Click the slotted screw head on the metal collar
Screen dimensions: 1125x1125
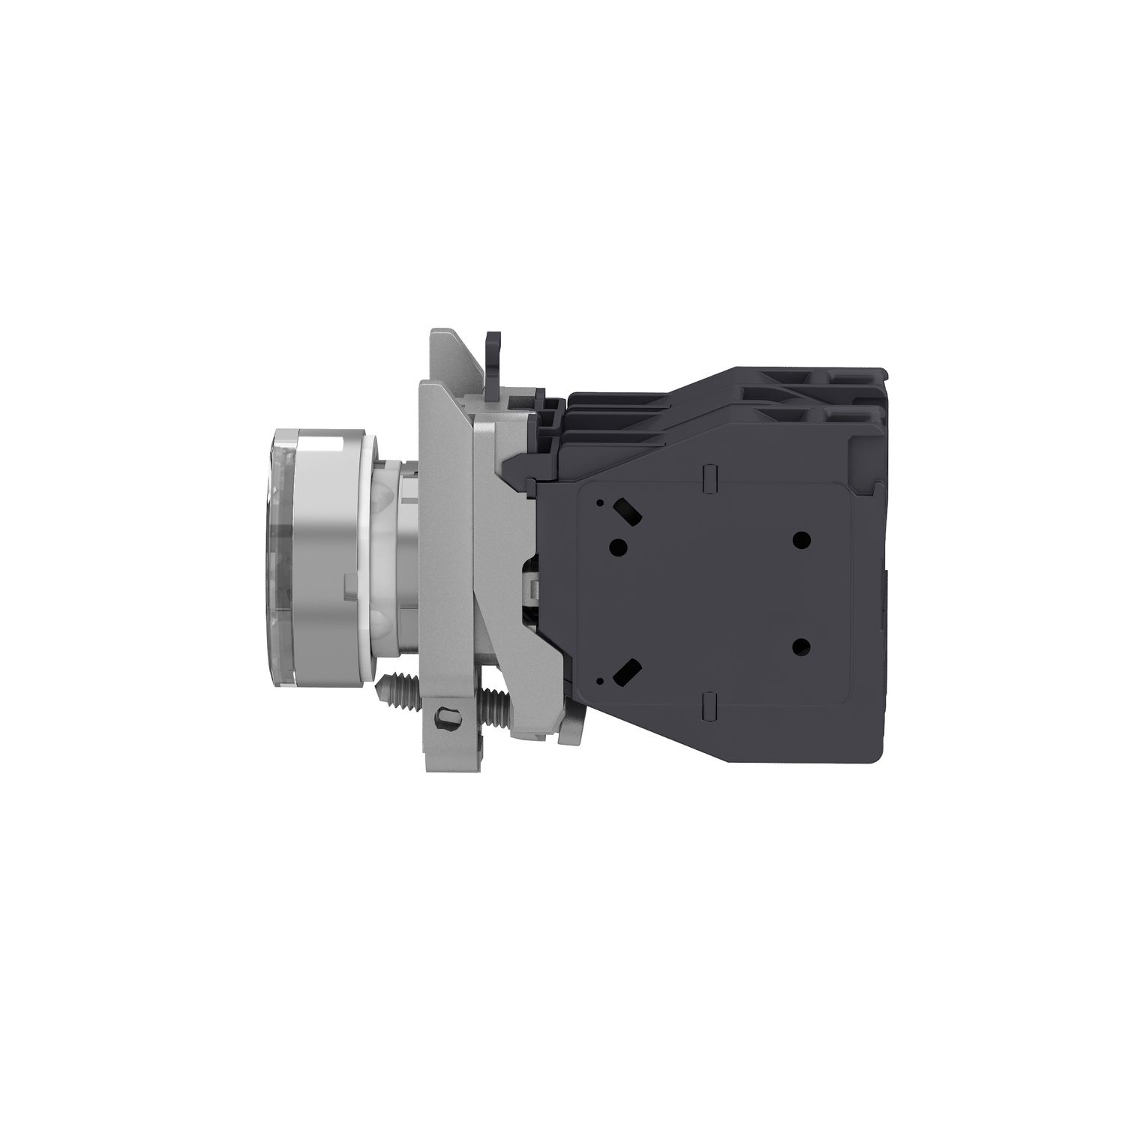(x=449, y=715)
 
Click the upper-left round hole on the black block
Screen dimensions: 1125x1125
(x=618, y=545)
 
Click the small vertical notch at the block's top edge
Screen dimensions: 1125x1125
(x=709, y=475)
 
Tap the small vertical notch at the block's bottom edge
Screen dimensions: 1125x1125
(x=709, y=706)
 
